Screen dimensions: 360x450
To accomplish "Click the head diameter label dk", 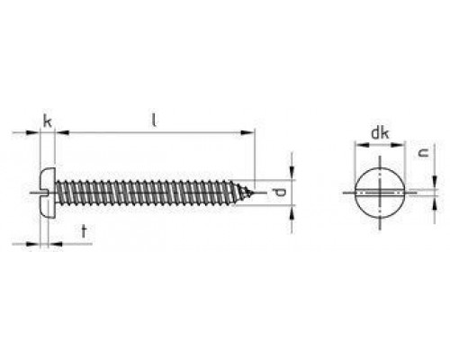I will click(379, 136).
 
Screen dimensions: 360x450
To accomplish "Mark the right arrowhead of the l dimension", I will click(249, 133).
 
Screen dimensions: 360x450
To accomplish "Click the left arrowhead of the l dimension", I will click(60, 133).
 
